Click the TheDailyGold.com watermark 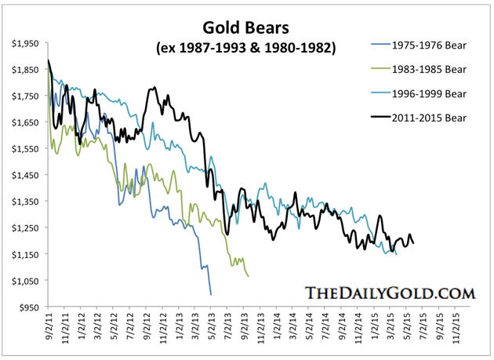390,294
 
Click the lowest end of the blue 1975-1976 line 211,294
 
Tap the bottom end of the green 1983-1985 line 249,276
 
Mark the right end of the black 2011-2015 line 413,243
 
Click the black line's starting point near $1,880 49,61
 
